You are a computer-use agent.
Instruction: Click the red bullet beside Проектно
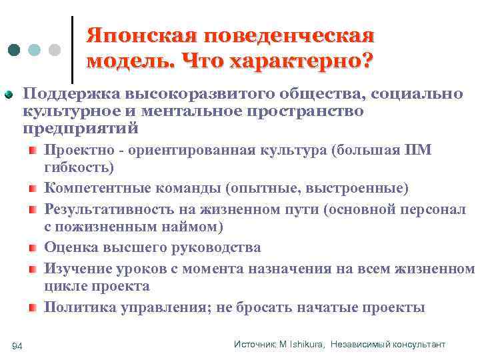(x=33, y=151)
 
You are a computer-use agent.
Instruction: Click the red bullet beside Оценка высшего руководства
(x=33, y=249)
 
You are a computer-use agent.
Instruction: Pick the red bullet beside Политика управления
(x=33, y=308)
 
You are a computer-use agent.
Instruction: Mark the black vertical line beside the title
(x=72, y=45)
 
